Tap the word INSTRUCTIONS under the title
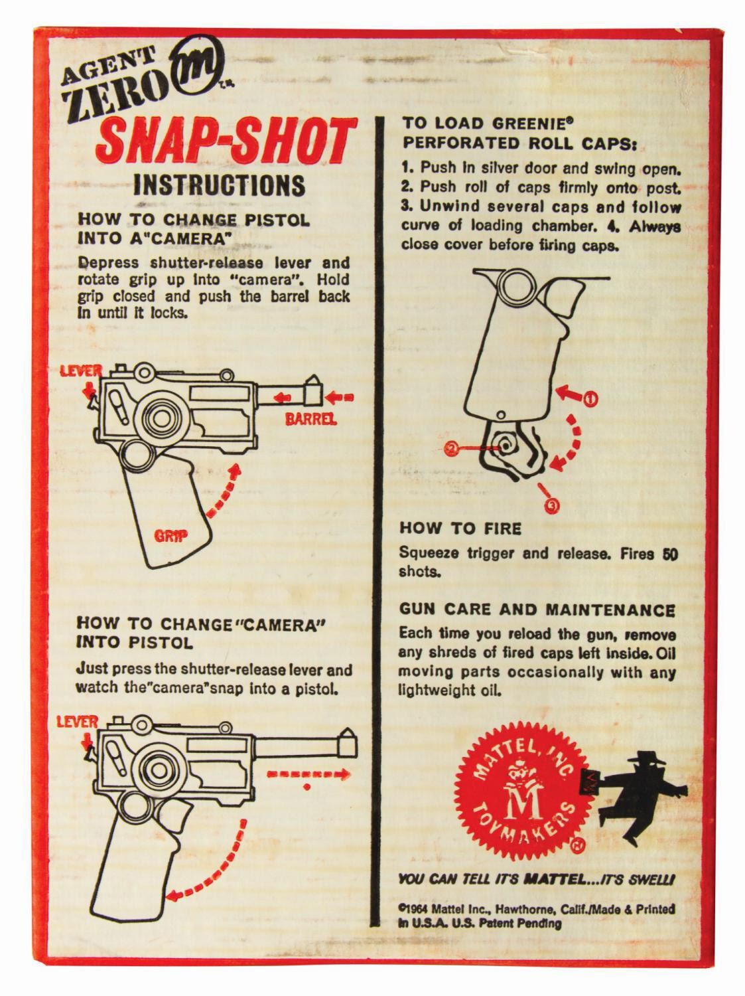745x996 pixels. pos(220,185)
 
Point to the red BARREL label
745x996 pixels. pos(310,419)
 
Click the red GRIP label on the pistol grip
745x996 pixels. pos(171,536)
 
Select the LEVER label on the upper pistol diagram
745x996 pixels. pos(82,371)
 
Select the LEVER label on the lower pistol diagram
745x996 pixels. pos(77,722)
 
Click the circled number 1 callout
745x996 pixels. pos(590,399)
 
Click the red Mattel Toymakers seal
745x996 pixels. pos(523,795)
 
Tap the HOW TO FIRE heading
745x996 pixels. pos(460,529)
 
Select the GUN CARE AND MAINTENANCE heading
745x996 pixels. pos(537,610)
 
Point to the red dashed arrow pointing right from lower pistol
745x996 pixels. pos(308,774)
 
